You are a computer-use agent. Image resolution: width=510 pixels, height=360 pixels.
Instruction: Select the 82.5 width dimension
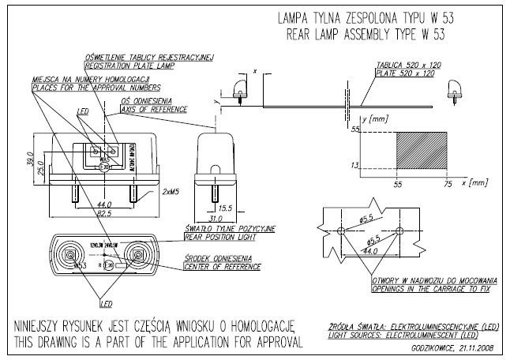103,213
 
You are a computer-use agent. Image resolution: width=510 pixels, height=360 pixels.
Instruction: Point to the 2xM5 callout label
168,192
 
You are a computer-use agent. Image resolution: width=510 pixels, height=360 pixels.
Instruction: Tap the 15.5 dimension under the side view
223,208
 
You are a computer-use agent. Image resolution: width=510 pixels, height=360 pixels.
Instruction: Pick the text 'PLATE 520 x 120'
407,73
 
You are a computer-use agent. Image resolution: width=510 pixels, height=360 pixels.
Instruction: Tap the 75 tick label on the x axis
448,183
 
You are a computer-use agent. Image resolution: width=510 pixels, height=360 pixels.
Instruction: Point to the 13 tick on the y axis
354,164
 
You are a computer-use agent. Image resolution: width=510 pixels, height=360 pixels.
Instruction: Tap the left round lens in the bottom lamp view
71,256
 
